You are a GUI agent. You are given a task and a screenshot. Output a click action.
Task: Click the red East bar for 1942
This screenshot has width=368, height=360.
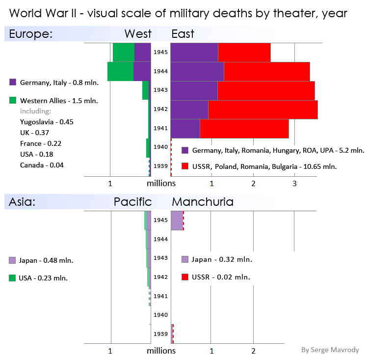coord(263,110)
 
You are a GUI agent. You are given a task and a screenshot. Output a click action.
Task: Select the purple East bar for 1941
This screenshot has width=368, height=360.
coord(185,129)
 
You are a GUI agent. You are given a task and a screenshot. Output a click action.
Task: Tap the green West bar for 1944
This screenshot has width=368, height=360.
coord(120,71)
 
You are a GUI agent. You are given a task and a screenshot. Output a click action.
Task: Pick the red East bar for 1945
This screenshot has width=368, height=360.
coord(244,53)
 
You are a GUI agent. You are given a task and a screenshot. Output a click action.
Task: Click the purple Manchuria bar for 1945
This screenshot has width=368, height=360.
coord(176,221)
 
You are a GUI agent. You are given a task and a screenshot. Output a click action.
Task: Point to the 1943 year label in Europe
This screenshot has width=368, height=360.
coord(161,90)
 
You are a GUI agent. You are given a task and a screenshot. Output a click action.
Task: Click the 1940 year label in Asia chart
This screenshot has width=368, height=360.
coord(161,315)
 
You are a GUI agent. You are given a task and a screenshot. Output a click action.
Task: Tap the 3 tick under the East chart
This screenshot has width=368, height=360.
coord(294,184)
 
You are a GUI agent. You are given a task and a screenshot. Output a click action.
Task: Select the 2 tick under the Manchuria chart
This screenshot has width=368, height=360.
coord(253,351)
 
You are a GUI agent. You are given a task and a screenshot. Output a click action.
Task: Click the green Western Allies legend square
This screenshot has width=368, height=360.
coord(13,101)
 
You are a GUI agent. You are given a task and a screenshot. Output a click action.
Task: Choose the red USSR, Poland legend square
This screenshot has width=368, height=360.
coord(185,166)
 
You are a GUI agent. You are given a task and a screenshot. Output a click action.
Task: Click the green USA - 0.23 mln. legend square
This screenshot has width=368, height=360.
coord(13,278)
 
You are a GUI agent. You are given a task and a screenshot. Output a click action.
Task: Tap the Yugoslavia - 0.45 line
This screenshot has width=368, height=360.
coord(47,122)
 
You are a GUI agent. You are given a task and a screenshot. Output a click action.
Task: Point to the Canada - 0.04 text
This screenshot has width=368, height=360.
coord(42,165)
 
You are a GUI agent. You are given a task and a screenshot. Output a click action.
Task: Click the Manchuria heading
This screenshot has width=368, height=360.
coord(202,202)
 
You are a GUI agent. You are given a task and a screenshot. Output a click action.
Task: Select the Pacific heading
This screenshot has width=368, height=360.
coord(132,202)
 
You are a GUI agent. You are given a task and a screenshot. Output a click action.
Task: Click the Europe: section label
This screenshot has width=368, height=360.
coord(31,34)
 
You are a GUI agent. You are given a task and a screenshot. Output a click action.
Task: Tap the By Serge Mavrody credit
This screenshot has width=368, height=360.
coord(330,350)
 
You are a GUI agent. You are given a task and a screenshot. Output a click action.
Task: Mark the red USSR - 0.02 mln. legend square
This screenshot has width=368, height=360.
coord(185,277)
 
